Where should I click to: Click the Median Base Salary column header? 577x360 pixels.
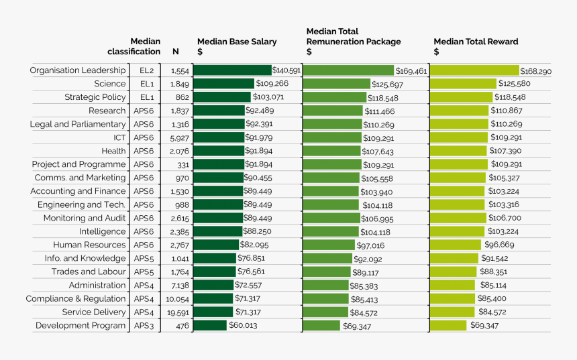[237, 46]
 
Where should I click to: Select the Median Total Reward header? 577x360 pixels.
[476, 46]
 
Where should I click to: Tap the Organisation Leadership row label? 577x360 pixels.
[78, 70]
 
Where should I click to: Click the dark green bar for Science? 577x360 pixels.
[224, 84]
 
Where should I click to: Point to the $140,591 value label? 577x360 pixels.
[286, 70]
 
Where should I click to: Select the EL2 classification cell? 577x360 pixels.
[146, 70]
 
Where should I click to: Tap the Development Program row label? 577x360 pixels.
[81, 326]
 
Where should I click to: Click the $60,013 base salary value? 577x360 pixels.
[243, 326]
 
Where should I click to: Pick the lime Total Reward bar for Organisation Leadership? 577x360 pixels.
[474, 70]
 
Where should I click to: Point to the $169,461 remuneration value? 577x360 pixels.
[411, 70]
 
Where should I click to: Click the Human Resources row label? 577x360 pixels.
[89, 245]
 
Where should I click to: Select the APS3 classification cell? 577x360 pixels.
[144, 326]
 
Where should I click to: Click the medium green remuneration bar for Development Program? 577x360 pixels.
[321, 326]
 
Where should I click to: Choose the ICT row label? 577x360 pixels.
[119, 137]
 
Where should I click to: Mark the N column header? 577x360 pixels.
[176, 52]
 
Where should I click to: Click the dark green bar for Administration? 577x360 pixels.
[214, 286]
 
